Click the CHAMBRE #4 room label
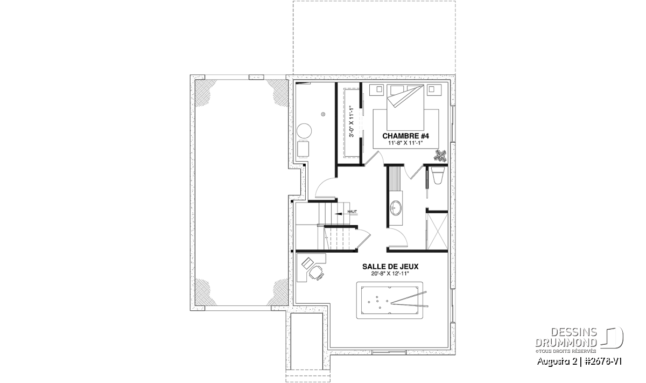(405, 136)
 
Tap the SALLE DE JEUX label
(390, 267)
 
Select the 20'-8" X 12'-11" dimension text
(390, 274)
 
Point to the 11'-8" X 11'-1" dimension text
(405, 143)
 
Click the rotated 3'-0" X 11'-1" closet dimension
(352, 122)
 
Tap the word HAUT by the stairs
(352, 212)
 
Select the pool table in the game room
(390, 300)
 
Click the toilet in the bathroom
(438, 175)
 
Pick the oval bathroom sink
(395, 208)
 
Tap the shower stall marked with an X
(437, 231)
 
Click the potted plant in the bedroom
(441, 156)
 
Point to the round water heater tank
(304, 131)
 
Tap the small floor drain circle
(323, 114)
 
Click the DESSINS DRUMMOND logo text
(566, 337)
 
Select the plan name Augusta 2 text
(552, 361)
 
